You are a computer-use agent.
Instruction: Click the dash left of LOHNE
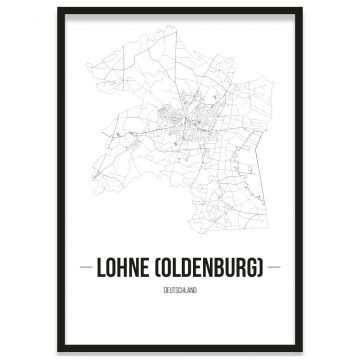coord(84,269)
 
